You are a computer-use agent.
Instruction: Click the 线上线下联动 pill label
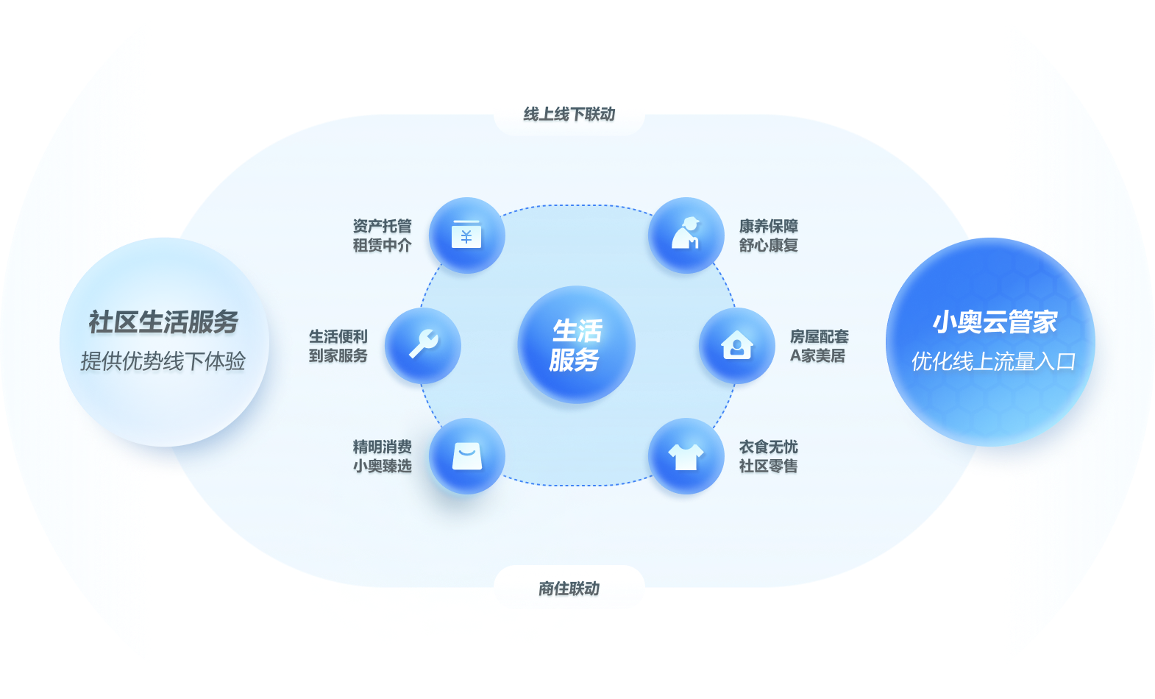click(569, 114)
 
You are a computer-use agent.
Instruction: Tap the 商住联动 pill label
click(569, 588)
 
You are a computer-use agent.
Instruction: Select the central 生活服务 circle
click(577, 344)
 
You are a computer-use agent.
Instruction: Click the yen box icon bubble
click(466, 235)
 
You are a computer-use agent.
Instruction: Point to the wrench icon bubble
click(423, 344)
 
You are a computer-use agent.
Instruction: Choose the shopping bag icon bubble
click(466, 456)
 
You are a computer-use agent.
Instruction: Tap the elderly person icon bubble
click(686, 235)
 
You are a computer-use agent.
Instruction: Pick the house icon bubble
click(736, 344)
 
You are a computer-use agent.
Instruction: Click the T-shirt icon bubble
click(686, 456)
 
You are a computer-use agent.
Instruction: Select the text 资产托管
click(382, 226)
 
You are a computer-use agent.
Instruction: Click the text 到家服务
click(338, 355)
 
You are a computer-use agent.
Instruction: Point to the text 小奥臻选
click(382, 466)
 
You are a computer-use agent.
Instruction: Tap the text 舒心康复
click(769, 245)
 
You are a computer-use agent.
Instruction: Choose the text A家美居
click(818, 355)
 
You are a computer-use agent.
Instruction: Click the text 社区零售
click(769, 466)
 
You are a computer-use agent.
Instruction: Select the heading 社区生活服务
click(163, 322)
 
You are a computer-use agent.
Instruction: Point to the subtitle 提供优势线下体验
click(163, 361)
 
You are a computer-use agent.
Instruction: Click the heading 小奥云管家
click(995, 322)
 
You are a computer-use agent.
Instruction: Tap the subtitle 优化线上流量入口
click(994, 361)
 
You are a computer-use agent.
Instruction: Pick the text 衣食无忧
click(769, 447)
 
